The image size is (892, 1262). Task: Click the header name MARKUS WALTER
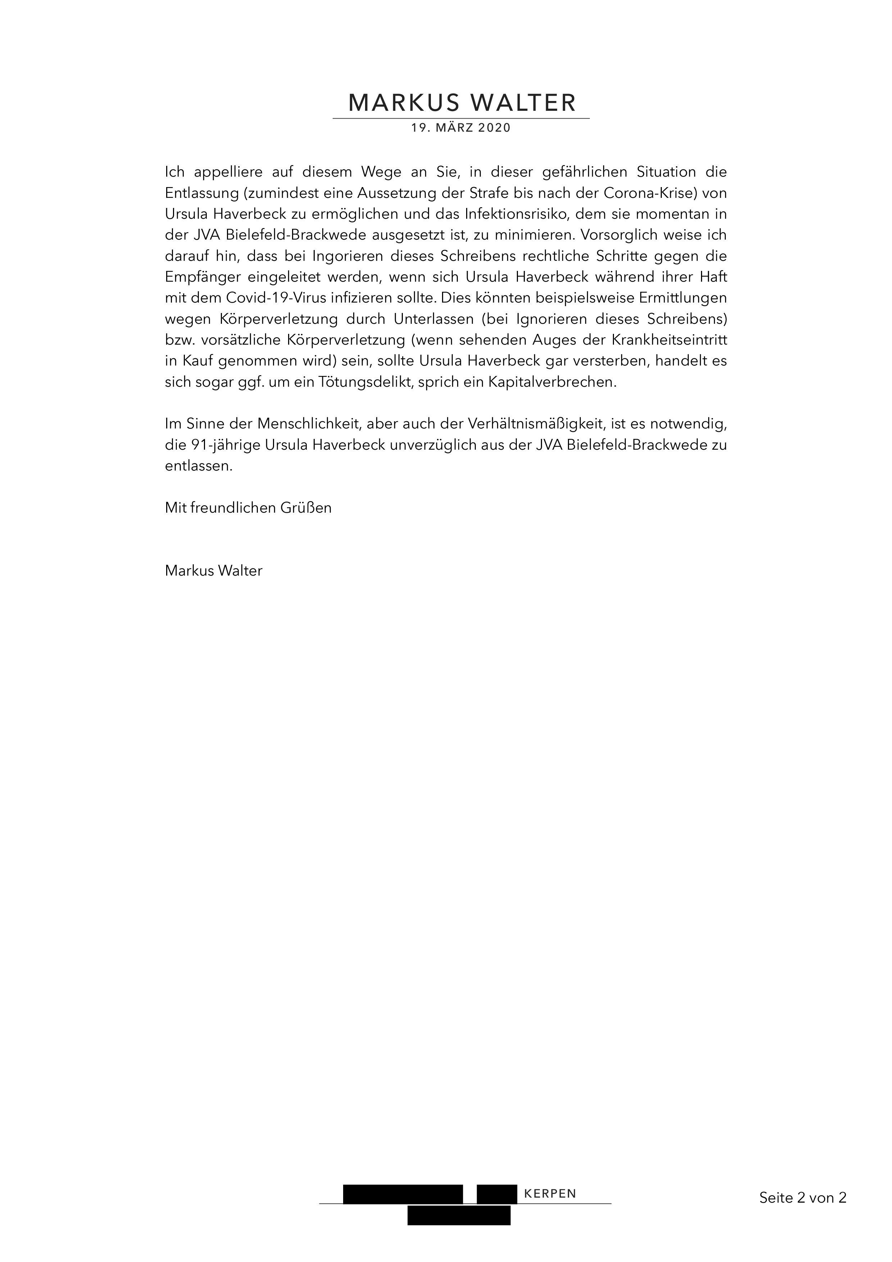(x=462, y=103)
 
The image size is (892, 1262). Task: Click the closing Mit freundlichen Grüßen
(x=248, y=508)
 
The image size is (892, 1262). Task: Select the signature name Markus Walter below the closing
(x=213, y=571)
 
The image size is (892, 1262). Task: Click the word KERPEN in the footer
(x=550, y=1194)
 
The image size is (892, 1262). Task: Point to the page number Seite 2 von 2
(x=802, y=1198)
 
